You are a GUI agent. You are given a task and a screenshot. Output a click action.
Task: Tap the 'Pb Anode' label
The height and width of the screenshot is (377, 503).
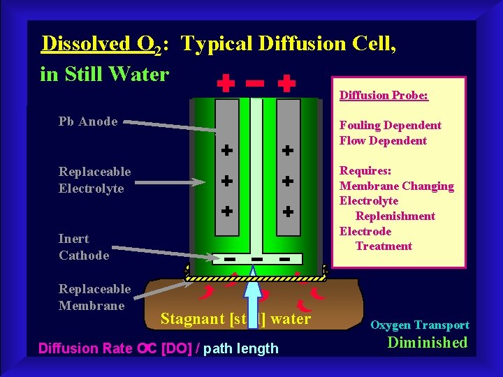(x=88, y=121)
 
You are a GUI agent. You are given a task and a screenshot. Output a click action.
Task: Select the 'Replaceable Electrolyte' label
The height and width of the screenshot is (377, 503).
(x=94, y=180)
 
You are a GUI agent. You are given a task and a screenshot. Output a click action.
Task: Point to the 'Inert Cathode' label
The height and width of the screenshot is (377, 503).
(x=84, y=247)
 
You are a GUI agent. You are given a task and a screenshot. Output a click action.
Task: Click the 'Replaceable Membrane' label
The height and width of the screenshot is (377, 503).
(x=94, y=297)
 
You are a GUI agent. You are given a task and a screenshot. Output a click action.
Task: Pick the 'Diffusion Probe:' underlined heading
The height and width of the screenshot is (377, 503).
(x=384, y=95)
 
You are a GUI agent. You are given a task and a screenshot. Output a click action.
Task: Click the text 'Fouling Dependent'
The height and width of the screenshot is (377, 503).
(x=390, y=126)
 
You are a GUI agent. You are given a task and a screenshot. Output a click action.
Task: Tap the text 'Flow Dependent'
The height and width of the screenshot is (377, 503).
(x=383, y=140)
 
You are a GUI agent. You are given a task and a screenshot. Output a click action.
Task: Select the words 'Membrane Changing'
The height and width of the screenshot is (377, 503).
(x=396, y=186)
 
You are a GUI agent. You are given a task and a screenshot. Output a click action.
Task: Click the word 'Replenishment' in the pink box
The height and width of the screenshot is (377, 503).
(x=395, y=216)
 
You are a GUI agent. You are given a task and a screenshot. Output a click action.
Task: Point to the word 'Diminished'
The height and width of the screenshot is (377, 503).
(x=427, y=342)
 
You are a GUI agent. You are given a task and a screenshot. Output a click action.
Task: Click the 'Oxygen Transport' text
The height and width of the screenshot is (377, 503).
(x=419, y=325)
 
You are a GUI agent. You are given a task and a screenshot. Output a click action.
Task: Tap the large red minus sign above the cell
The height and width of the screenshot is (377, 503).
(x=255, y=83)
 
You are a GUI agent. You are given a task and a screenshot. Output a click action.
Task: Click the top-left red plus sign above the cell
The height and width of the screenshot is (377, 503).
(x=224, y=84)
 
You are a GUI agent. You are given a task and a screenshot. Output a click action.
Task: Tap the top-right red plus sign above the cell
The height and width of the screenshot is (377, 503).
(x=286, y=84)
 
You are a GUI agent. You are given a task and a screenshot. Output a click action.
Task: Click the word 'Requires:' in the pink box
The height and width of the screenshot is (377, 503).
(x=365, y=171)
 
